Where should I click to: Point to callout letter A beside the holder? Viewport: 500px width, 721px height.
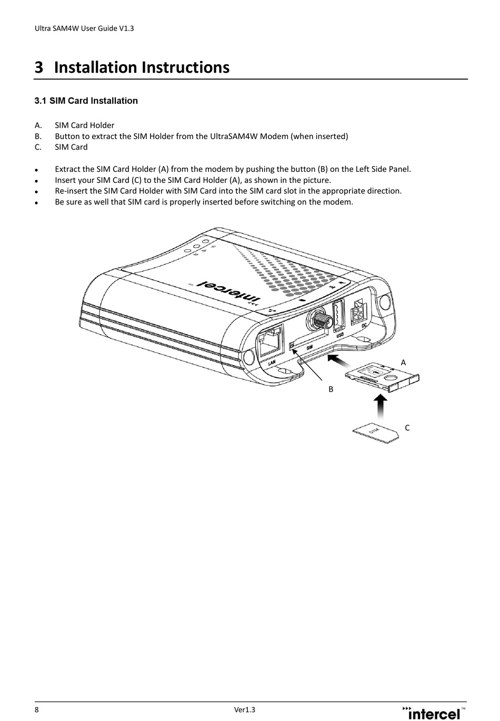[403, 363]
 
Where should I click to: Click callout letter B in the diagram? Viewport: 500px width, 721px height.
[331, 389]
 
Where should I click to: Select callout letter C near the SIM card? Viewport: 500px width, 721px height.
[407, 428]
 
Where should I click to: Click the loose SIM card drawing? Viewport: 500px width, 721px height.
[375, 433]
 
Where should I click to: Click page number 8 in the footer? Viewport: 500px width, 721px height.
[36, 709]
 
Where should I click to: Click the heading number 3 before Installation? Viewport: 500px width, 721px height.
[38, 67]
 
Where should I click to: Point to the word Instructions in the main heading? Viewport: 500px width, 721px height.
[185, 67]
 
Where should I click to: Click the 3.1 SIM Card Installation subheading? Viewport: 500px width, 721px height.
[86, 101]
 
